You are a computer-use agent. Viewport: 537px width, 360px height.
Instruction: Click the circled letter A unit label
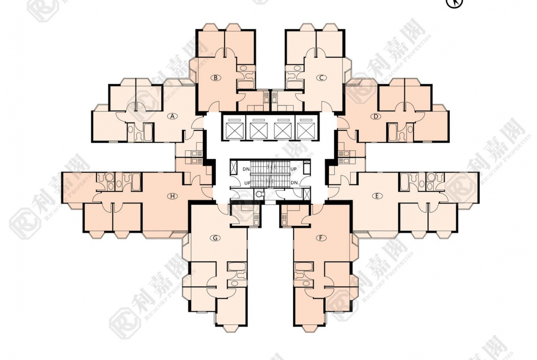[173, 116]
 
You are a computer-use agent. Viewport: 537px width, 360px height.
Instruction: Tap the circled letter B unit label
[215, 78]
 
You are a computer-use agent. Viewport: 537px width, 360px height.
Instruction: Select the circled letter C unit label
[322, 78]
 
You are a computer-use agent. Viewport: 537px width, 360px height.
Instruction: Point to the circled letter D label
[376, 116]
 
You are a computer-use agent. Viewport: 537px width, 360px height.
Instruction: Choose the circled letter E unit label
[377, 196]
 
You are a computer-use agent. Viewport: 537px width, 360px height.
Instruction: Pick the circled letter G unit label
[214, 238]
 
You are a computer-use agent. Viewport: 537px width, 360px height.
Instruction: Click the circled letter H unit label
[172, 196]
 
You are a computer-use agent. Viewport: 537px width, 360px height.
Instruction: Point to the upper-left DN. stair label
[246, 169]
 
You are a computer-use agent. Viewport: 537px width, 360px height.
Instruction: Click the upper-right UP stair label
[294, 169]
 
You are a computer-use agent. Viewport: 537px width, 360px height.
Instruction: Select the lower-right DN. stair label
[294, 183]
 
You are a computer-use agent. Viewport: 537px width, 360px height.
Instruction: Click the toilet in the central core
[260, 194]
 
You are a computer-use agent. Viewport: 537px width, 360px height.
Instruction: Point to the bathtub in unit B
[246, 85]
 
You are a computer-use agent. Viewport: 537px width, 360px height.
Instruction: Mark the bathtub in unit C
[292, 85]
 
